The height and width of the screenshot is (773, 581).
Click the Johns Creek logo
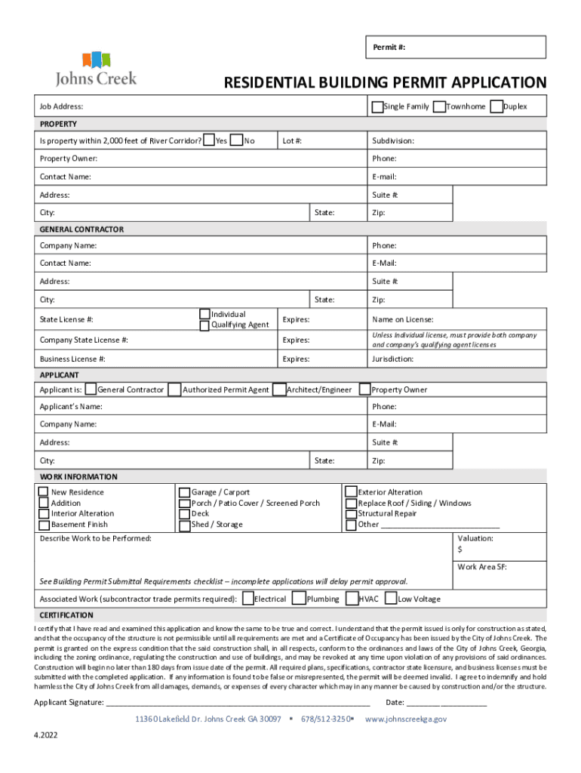click(96, 68)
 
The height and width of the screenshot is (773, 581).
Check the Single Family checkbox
click(377, 107)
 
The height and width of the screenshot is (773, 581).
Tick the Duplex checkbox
click(496, 107)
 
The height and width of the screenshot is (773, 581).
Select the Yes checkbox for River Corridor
click(209, 140)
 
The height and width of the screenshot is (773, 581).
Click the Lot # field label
click(292, 141)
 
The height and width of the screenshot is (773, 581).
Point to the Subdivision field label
click(392, 141)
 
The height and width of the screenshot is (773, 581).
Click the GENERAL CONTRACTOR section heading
click(81, 229)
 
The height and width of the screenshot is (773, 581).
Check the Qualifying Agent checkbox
click(204, 325)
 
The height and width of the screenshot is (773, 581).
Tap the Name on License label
click(402, 320)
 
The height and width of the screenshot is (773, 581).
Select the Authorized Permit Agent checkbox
click(174, 390)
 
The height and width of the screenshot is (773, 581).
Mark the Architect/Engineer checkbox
click(279, 390)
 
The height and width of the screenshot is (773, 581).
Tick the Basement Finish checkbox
click(43, 525)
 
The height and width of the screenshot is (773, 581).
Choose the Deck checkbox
click(184, 514)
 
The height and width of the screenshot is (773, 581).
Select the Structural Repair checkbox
click(351, 514)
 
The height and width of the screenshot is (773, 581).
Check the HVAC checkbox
click(352, 599)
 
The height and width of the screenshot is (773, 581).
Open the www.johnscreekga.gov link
click(405, 719)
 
